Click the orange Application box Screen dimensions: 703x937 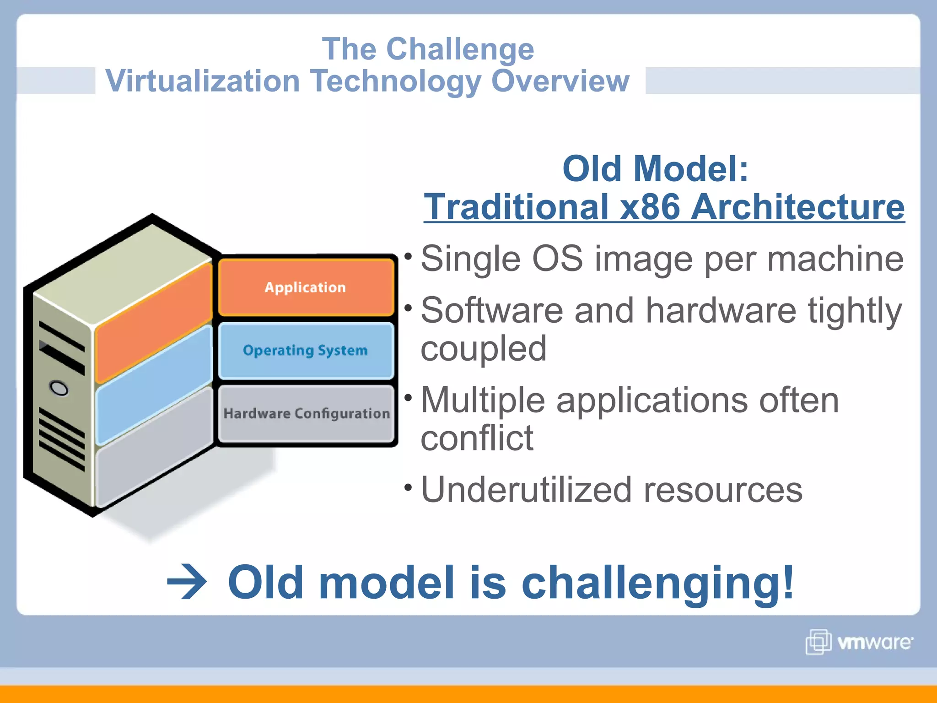pyautogui.click(x=306, y=287)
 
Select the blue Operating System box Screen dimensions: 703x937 pyautogui.click(x=306, y=351)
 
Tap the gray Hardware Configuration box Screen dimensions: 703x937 pyautogui.click(x=306, y=413)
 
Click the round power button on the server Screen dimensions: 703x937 pyautogui.click(x=59, y=388)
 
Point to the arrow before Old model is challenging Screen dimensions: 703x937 pyautogui.click(x=187, y=582)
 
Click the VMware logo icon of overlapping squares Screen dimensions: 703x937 pyautogui.click(x=818, y=642)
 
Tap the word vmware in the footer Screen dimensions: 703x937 pyautogui.click(x=874, y=642)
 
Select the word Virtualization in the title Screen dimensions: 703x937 pyautogui.click(x=202, y=81)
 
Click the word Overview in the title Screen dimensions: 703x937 pyautogui.click(x=560, y=81)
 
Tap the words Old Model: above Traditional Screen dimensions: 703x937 pyautogui.click(x=655, y=168)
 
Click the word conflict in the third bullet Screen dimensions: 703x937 pyautogui.click(x=477, y=438)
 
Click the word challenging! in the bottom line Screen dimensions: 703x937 pyautogui.click(x=657, y=582)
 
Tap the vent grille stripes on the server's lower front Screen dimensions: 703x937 pyautogui.click(x=62, y=439)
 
